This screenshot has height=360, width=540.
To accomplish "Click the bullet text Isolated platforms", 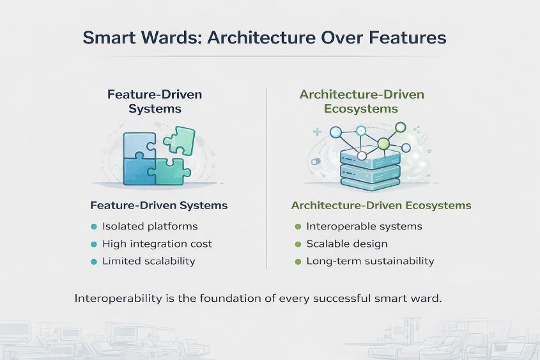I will pyautogui.click(x=150, y=226).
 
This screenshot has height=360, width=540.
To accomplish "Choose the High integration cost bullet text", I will pyautogui.click(x=157, y=244).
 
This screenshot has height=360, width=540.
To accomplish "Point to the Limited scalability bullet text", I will pyautogui.click(x=148, y=261).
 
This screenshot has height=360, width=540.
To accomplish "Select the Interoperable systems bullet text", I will pyautogui.click(x=364, y=226).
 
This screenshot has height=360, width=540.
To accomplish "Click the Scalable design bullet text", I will pyautogui.click(x=346, y=244).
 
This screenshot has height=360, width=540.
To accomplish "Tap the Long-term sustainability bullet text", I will pyautogui.click(x=370, y=261).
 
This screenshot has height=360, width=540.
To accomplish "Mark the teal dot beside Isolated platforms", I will pyautogui.click(x=93, y=226).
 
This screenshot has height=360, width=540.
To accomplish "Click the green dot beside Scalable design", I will pyautogui.click(x=297, y=244).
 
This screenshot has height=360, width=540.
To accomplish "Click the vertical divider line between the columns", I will pyautogui.click(x=266, y=179).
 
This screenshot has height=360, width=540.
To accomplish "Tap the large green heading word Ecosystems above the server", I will pyautogui.click(x=361, y=109).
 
